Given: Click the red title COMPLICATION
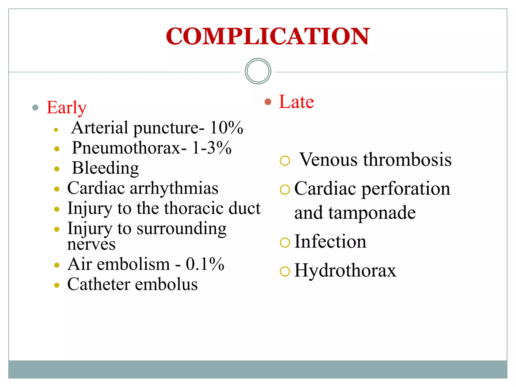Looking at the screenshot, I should coord(268,37).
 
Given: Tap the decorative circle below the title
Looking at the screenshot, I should coord(258,71).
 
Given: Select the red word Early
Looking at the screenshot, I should coord(67,108).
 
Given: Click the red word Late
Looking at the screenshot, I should coord(296,102).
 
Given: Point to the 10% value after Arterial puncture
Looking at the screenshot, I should coord(226,128).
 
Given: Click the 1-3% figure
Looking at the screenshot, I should coord(212,148).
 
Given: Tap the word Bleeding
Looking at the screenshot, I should coord(105,168).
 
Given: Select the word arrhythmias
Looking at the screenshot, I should coord(174,188).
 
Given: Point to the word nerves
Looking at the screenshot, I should coord(91,244).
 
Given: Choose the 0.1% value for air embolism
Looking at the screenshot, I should coord(205,264).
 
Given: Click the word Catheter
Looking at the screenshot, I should coord(99,284).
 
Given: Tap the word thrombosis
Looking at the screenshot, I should coord(407,160).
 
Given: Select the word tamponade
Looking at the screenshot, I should coord(372,213).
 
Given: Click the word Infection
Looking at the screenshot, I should coord(330,242).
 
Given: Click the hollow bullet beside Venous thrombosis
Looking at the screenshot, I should coord(285,161).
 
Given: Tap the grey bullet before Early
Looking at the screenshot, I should coord(36,108).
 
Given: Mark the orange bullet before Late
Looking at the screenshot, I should coord(268,102).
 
